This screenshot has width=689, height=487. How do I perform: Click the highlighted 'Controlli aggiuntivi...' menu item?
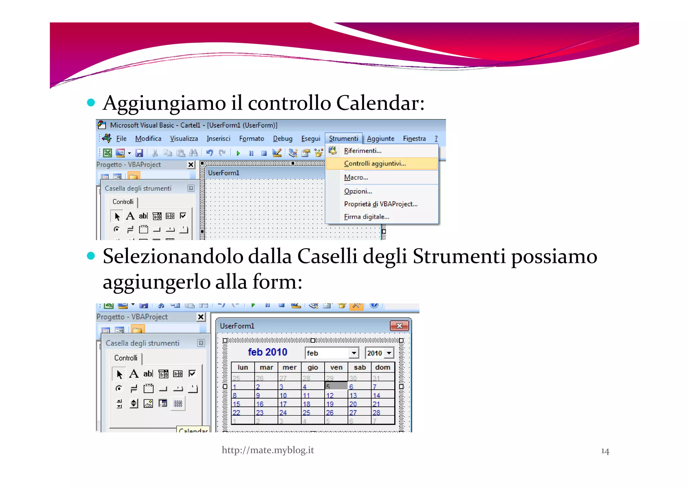point(375,164)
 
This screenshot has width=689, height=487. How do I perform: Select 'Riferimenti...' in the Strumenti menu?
point(362,151)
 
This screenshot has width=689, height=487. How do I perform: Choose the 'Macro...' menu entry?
point(356,177)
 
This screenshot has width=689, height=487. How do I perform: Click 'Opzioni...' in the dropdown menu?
point(358,191)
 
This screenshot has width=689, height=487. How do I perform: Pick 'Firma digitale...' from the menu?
point(366,217)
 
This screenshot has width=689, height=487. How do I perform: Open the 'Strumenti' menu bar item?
point(343,138)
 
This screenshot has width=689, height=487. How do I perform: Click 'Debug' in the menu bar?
point(283,138)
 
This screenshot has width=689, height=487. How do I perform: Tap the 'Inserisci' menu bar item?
point(218,138)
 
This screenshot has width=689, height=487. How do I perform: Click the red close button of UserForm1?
point(399,325)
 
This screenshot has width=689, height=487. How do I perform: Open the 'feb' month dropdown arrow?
point(354,353)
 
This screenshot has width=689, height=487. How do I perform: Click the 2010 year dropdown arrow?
point(389,353)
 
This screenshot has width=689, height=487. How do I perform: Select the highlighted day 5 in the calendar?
point(336,386)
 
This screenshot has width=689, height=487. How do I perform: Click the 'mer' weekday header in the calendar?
point(289,367)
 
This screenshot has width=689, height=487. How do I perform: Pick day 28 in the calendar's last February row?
point(376,413)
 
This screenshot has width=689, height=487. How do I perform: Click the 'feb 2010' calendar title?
point(267,352)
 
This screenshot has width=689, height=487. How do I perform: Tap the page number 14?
point(605,451)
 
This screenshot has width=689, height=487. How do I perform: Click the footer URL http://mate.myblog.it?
point(268,450)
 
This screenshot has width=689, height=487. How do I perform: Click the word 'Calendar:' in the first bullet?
point(380,103)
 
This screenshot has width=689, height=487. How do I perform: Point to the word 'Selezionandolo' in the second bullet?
point(173,256)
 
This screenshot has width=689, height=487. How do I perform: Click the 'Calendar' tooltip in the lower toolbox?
point(193,430)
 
